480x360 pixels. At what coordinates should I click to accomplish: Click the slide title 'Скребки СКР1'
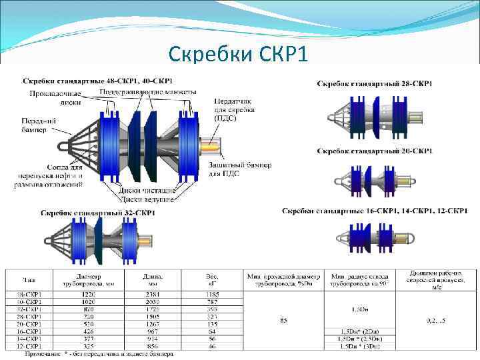click(x=239, y=52)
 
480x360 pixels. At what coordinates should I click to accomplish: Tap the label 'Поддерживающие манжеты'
click(x=147, y=91)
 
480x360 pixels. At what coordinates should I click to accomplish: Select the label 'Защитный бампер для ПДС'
click(x=240, y=169)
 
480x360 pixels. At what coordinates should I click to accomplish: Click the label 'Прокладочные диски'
click(x=55, y=98)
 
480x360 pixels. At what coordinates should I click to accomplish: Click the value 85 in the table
click(x=283, y=321)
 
